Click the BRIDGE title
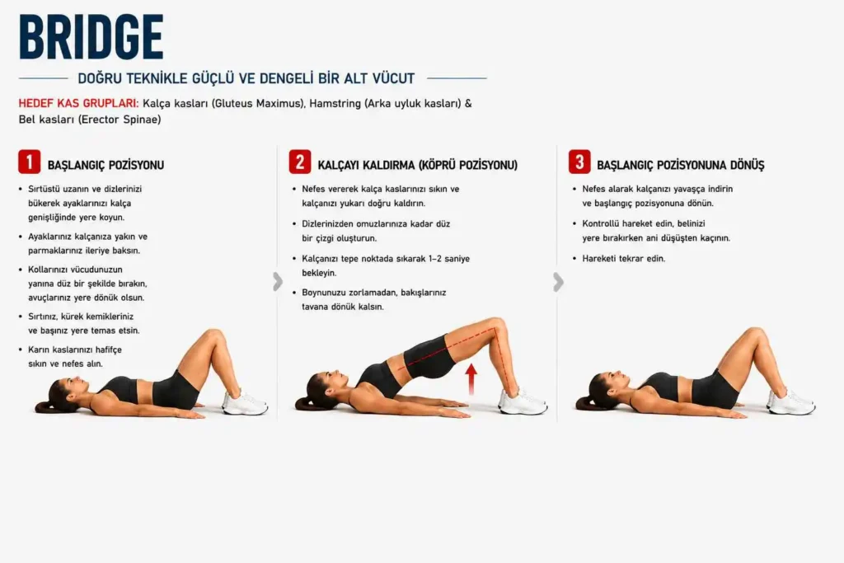point(91,36)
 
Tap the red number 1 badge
point(29,162)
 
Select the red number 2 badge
point(300,162)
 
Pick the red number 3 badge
point(579,162)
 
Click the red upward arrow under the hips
point(471,379)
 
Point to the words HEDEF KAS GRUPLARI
point(78,103)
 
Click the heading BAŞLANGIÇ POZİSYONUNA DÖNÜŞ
point(680,165)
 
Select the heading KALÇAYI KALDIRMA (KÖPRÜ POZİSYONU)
point(417,165)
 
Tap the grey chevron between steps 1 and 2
point(278,281)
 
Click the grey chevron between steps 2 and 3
point(558,282)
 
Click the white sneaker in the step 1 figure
point(245,402)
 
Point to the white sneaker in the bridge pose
point(523,401)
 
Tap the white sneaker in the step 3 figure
point(791,401)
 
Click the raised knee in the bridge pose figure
point(497,325)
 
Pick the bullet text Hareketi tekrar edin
point(623,258)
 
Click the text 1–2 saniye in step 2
point(449,259)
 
